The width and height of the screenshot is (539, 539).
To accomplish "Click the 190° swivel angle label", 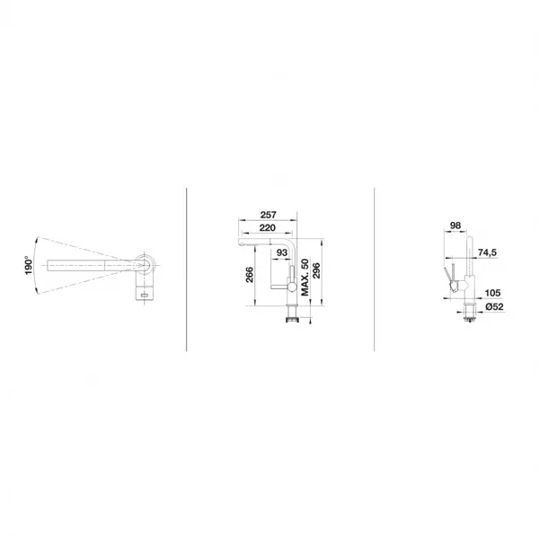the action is pyautogui.click(x=29, y=265).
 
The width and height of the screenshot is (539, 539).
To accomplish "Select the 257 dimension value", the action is pyautogui.click(x=268, y=215).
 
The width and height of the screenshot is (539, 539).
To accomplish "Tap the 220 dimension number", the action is pyautogui.click(x=268, y=227).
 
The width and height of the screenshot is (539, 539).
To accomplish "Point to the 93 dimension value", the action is pyautogui.click(x=281, y=252).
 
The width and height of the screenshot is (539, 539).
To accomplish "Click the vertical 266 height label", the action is pyautogui.click(x=250, y=275).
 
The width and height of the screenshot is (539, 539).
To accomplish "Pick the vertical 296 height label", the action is pyautogui.click(x=316, y=270).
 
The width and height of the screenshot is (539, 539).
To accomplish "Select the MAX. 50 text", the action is pyautogui.click(x=305, y=278).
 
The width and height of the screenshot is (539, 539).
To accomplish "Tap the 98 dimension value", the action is pyautogui.click(x=455, y=225).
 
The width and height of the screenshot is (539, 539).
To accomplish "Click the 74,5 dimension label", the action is pyautogui.click(x=488, y=252).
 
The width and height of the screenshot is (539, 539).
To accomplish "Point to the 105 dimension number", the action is pyautogui.click(x=492, y=293).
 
